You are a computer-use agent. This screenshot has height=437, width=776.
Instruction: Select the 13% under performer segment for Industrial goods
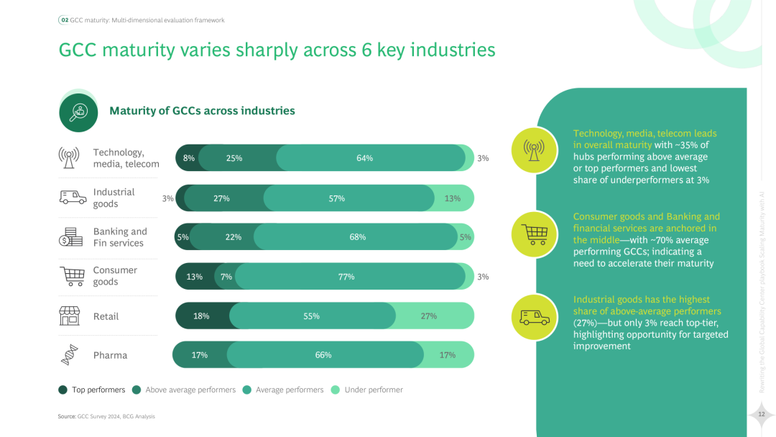[x=453, y=198]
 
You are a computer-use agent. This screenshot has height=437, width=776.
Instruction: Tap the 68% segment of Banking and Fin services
[x=357, y=237]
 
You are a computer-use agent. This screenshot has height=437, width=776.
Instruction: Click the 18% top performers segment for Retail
[x=202, y=316]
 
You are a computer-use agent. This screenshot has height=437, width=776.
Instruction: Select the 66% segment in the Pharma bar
[x=323, y=355]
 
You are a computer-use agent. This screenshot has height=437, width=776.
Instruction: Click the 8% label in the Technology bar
[x=189, y=158]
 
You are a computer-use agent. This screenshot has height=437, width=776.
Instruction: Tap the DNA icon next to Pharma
[x=70, y=355]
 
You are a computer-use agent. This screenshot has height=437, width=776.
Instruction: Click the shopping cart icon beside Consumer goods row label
[x=70, y=276]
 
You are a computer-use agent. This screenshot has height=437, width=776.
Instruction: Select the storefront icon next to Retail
[x=70, y=316]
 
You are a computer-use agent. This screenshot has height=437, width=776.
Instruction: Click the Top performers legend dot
[x=63, y=390]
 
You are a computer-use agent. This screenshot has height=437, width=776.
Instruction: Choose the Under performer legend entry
[x=373, y=390]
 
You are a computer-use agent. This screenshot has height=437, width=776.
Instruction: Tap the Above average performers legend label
[x=190, y=390]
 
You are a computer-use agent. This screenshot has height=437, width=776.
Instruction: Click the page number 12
[x=761, y=413]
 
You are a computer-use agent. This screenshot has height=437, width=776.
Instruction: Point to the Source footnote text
[x=106, y=416]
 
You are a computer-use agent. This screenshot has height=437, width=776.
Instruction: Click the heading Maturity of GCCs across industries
[x=202, y=111]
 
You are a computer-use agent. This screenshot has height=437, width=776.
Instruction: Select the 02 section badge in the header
[x=63, y=20]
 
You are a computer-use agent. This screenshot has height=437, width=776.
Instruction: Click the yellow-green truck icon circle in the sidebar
[x=534, y=317]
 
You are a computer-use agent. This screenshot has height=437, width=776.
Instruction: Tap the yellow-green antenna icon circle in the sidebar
[x=534, y=149]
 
